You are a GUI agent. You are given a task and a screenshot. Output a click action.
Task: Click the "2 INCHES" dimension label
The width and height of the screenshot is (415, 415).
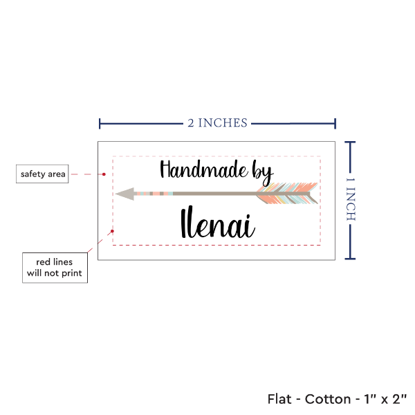[216, 123]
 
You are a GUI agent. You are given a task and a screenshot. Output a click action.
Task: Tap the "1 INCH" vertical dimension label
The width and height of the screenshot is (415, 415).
[349, 199]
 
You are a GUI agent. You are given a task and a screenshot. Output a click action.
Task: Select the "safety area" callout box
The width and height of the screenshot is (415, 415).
[43, 174]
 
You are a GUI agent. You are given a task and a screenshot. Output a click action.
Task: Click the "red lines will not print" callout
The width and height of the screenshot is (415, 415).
[55, 268]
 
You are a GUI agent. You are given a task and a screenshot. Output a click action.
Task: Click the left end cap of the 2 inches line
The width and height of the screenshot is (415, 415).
[100, 124]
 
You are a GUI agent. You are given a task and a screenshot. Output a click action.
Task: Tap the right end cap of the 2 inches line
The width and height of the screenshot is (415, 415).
[335, 124]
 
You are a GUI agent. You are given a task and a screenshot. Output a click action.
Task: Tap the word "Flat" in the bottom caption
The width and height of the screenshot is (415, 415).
[279, 400]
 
